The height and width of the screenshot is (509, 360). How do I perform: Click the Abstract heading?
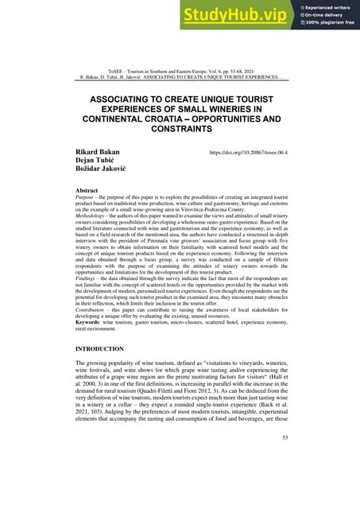point(86,192)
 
